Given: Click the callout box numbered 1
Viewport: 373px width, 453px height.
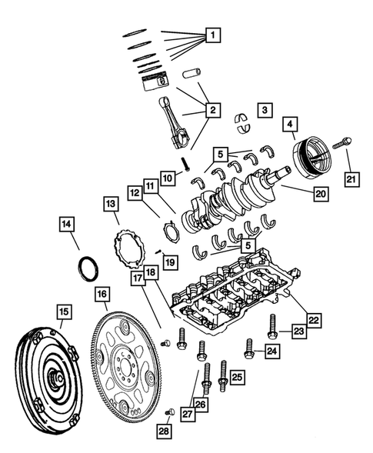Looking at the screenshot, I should pos(212,35).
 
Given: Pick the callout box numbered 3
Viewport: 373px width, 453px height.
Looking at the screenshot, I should pos(264,110).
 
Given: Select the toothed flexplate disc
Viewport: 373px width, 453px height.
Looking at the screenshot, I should pos(127,362).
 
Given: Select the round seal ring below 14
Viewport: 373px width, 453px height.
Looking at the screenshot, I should pos(90,270).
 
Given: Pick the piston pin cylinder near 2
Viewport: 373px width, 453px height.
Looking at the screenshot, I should pos(193,80).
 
